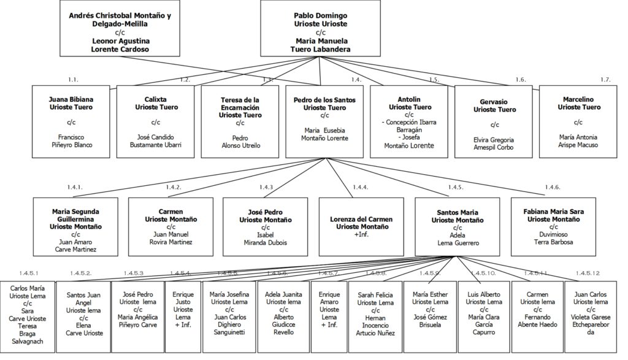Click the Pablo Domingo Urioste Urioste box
coord(320,28)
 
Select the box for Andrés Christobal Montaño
coord(120,28)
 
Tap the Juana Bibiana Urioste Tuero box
coord(71,121)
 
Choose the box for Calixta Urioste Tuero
coord(155,121)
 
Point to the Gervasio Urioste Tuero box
coord(494,121)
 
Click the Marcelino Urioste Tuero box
coord(578,121)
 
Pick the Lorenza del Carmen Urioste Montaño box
coord(361,227)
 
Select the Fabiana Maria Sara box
coord(553,227)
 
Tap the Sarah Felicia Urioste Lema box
coord(375,316)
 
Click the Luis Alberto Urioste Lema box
coord(484,316)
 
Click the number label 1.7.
coord(605,80)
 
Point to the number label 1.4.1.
coord(75,187)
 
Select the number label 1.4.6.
coord(553,187)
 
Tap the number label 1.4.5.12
coord(588,273)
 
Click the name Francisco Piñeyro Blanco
coord(72,141)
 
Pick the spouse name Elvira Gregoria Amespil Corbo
coord(494,144)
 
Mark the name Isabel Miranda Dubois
coord(265,239)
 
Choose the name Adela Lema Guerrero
coord(458,239)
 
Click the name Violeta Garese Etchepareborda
coord(591,325)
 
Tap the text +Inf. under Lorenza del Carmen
coord(361,234)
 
